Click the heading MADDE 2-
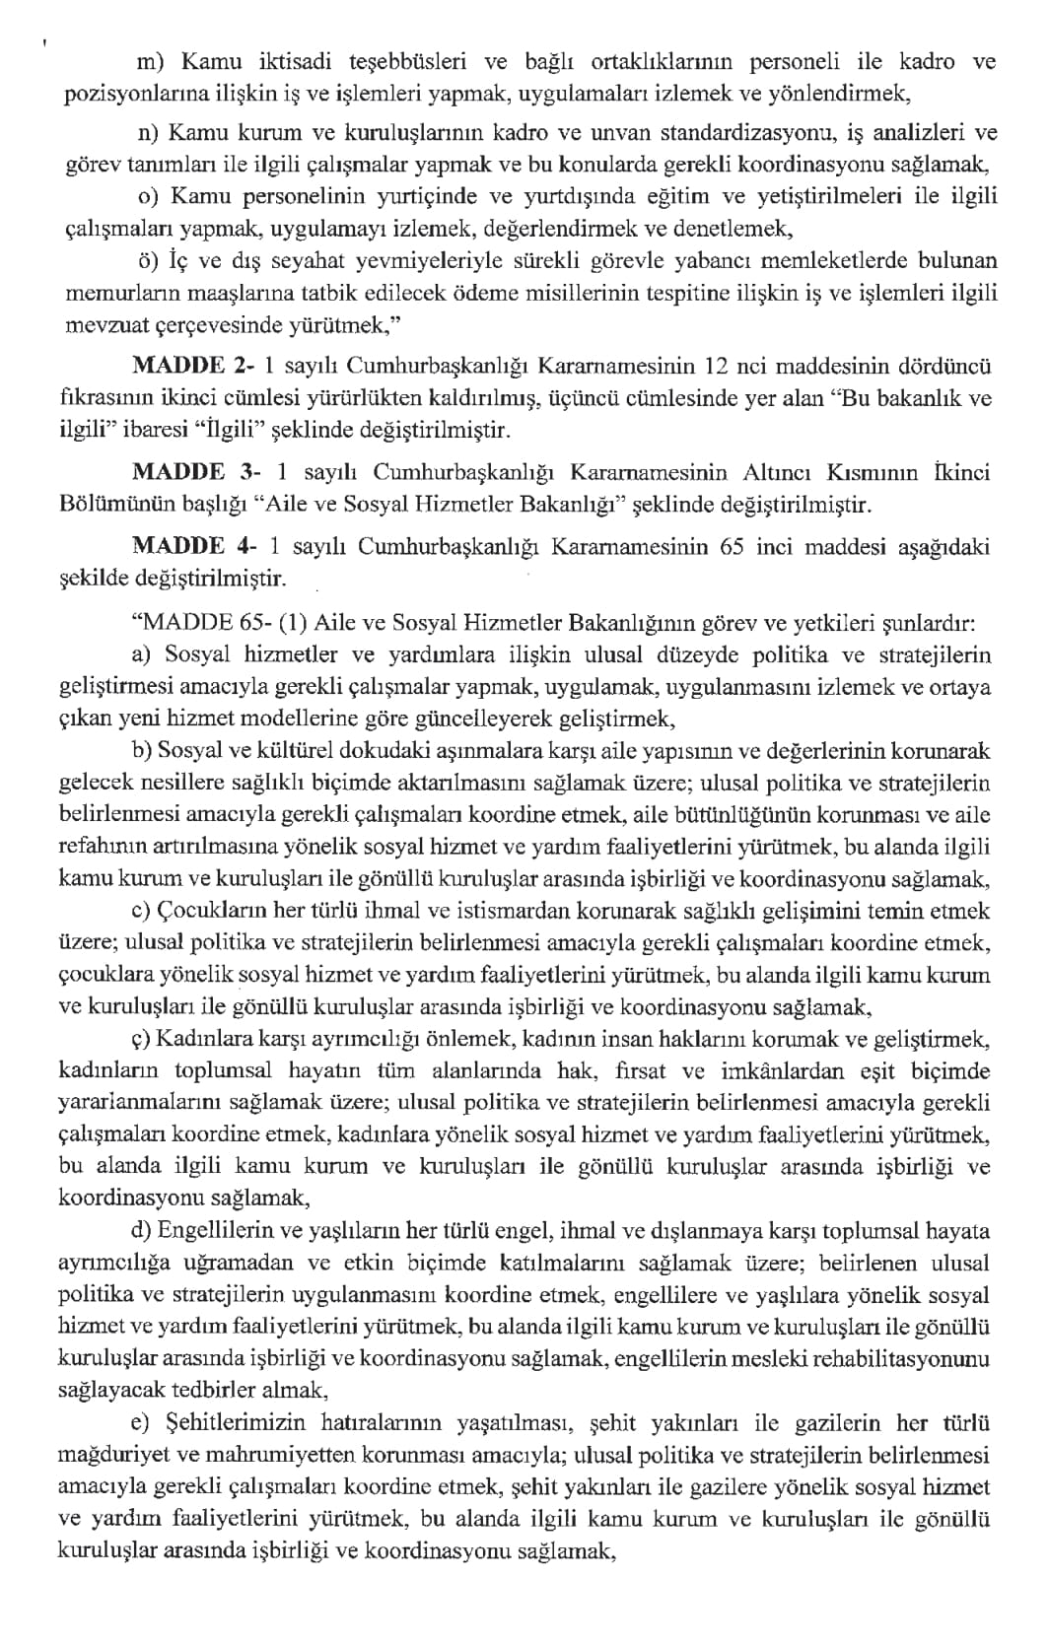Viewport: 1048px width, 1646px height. (192, 367)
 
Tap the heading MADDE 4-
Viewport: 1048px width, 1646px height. (192, 547)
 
